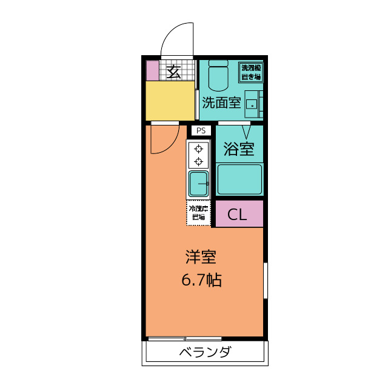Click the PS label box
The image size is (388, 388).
(x=201, y=130)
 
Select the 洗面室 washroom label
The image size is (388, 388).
(x=221, y=102)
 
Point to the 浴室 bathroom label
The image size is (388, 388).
(x=238, y=149)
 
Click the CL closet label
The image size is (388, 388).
(x=237, y=214)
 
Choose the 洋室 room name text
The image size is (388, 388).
(x=201, y=257)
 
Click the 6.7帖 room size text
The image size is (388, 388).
(x=201, y=280)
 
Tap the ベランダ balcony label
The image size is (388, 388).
(x=205, y=352)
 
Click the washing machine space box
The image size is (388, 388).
(x=250, y=72)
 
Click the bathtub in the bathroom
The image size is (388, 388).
(x=239, y=179)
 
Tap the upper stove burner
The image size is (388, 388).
(x=198, y=149)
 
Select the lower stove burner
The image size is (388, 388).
(x=198, y=161)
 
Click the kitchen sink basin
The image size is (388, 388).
(x=198, y=183)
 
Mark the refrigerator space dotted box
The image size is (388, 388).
(x=198, y=213)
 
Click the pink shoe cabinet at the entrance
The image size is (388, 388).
(x=152, y=70)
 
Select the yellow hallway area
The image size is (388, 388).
(x=170, y=101)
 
